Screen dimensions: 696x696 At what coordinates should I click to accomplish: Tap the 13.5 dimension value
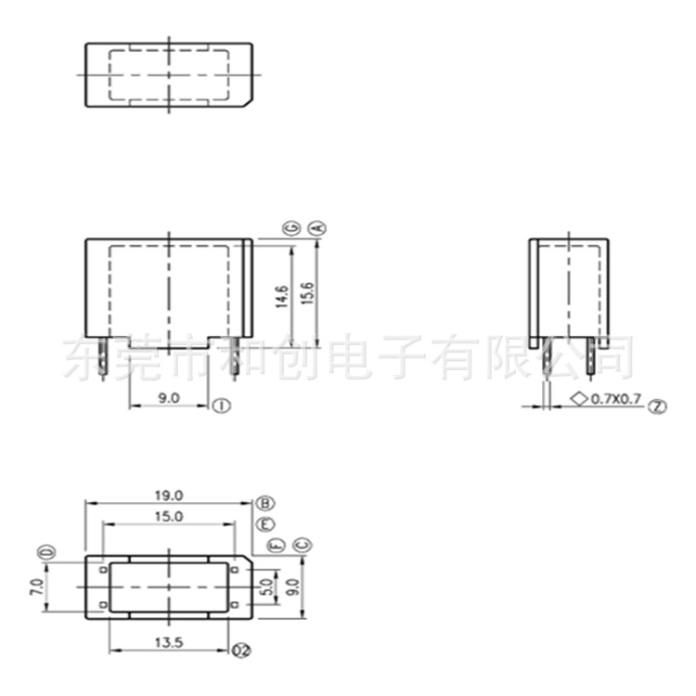[168, 641]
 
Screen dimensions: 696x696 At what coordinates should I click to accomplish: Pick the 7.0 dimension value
[35, 586]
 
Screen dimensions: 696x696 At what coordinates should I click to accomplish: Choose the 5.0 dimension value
[266, 586]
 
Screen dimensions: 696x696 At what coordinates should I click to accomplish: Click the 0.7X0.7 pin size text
[617, 399]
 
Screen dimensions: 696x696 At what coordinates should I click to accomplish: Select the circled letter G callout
[290, 227]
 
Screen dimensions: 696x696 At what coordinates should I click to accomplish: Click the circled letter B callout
[265, 503]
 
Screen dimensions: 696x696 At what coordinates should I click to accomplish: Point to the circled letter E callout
[265, 524]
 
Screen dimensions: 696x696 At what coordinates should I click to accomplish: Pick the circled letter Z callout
[658, 406]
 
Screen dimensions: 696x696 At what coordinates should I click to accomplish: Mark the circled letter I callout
[221, 406]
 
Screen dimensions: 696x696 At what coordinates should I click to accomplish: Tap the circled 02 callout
[242, 650]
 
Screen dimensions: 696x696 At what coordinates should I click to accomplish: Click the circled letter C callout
[300, 545]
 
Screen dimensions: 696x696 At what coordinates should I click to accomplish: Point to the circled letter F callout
[276, 545]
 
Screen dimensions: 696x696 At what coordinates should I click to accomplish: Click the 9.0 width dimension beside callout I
[168, 397]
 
